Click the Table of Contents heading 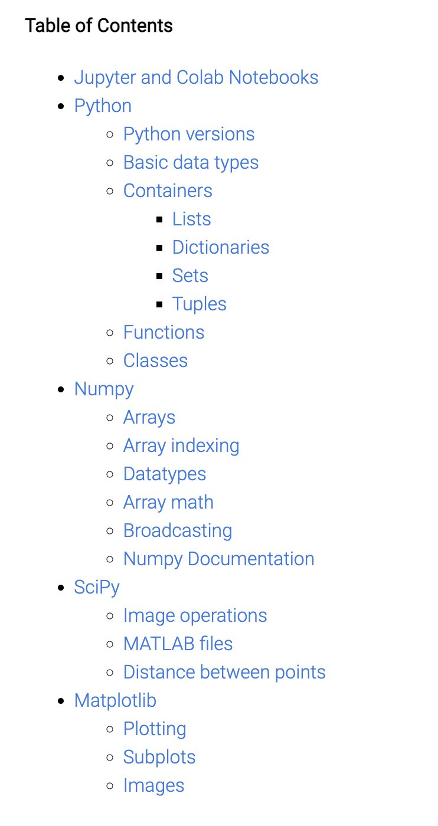point(99,26)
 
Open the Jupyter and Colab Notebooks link point(196,77)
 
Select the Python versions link point(189,134)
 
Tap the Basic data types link point(191,162)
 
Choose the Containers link point(168,191)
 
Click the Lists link point(191,219)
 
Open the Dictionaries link point(221,247)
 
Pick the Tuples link point(200,304)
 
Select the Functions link point(164,332)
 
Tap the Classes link point(155,360)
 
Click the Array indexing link point(181,445)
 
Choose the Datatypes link point(165,474)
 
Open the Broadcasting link point(178,530)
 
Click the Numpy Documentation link point(218,559)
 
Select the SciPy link point(97,587)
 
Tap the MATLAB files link point(178,644)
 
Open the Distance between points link point(224,672)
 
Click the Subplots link point(159,757)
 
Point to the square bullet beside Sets point(159,276)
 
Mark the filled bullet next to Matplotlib point(61,701)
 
